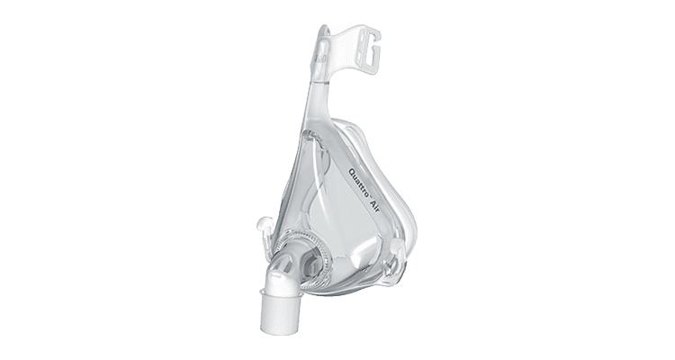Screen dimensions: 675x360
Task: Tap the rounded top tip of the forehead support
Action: click(x=323, y=29)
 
